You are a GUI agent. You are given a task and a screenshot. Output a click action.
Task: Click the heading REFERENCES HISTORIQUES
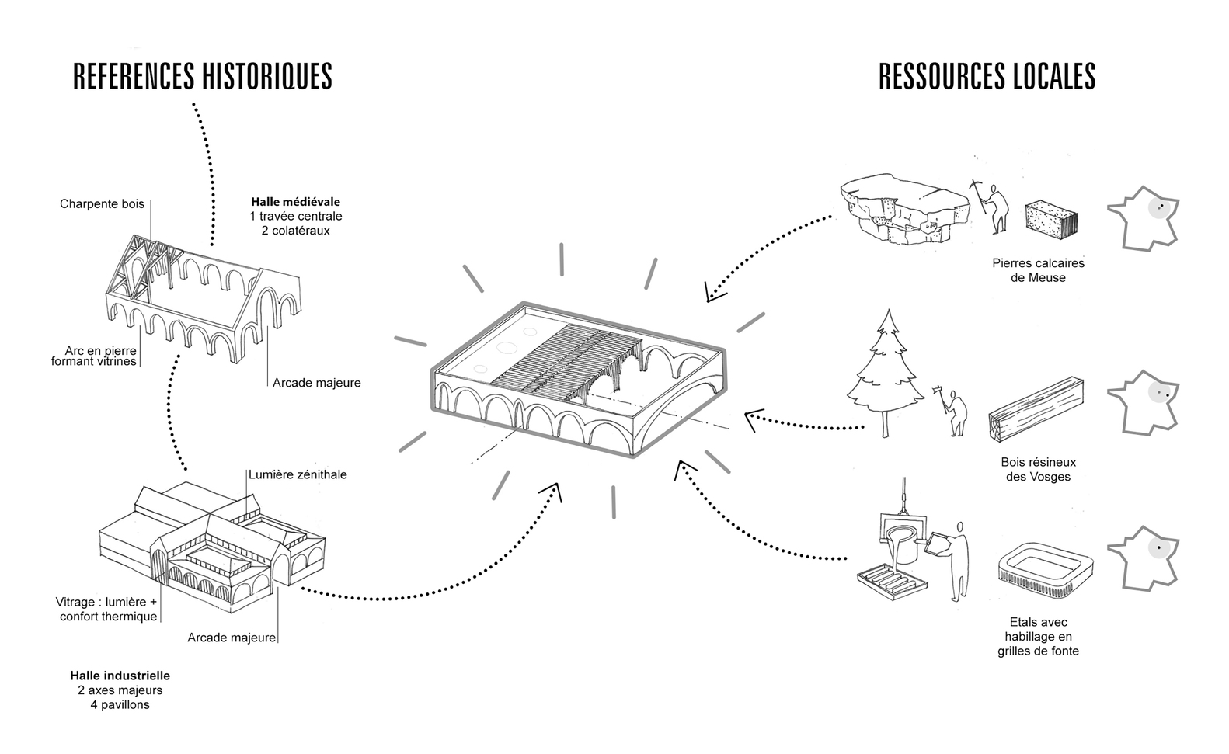pos(203,77)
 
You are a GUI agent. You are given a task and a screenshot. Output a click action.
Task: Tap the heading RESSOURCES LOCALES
pos(987,77)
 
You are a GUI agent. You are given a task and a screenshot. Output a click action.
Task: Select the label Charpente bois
pos(102,204)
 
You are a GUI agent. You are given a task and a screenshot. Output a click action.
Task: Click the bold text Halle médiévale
pos(295,202)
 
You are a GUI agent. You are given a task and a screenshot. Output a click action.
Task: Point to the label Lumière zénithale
pos(298,474)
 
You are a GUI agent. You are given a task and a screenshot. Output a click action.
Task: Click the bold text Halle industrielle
pos(120,676)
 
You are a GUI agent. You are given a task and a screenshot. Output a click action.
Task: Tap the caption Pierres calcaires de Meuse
pos(1038,270)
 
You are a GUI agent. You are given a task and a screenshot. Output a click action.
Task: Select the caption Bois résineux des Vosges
pos(1038,469)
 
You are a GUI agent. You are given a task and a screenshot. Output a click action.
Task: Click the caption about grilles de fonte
pos(1038,637)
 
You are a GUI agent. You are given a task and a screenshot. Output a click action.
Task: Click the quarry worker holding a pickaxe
pos(991,206)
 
